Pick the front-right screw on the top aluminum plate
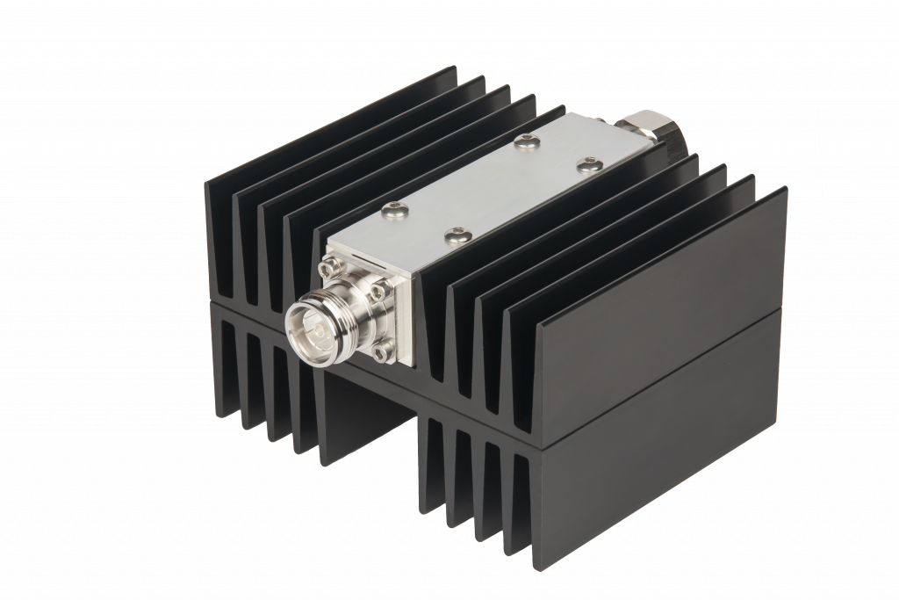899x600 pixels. pos(454,234)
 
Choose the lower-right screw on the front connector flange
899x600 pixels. pos(378,354)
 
